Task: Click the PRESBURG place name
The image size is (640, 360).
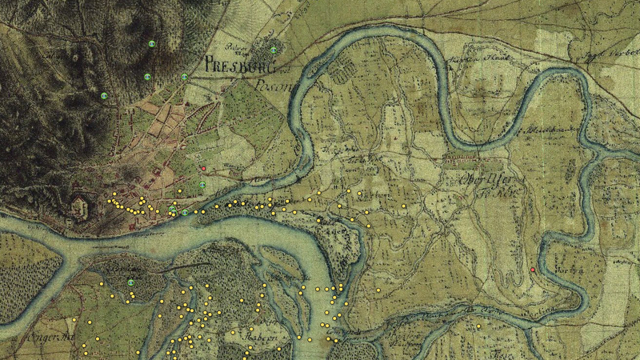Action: (238, 65)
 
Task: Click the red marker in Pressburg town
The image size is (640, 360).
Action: (204, 169)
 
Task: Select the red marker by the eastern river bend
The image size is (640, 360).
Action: (533, 271)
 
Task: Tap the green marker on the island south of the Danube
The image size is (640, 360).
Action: (131, 282)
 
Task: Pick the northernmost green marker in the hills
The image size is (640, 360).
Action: (151, 42)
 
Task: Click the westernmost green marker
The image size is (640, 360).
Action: (103, 95)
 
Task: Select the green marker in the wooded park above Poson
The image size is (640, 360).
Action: (273, 50)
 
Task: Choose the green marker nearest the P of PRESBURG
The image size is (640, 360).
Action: (185, 77)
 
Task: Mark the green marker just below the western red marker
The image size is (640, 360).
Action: (202, 184)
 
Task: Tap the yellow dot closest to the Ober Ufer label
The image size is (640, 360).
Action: (405, 206)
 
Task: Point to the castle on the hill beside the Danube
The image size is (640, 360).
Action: (81, 206)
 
